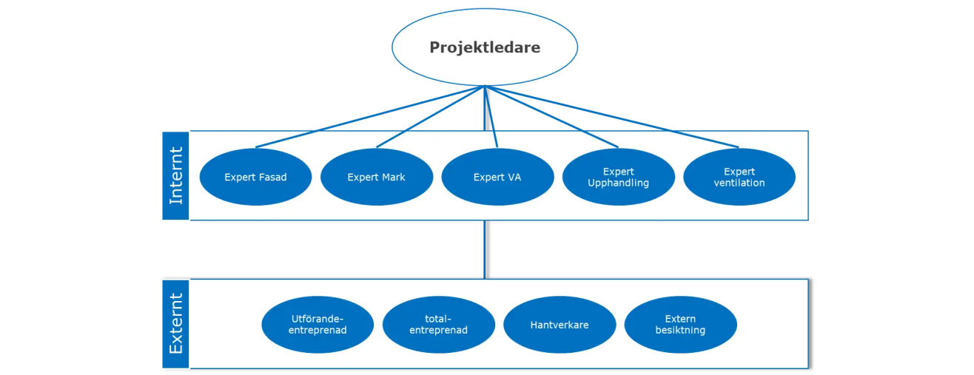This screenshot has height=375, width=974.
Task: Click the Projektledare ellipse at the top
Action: click(x=485, y=47)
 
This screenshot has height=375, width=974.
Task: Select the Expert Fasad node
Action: click(x=255, y=178)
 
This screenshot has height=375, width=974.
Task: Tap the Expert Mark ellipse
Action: click(x=376, y=178)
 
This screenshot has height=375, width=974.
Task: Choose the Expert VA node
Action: click(x=497, y=178)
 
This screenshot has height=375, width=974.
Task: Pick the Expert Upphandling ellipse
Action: click(x=618, y=178)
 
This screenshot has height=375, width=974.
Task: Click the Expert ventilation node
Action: click(x=739, y=178)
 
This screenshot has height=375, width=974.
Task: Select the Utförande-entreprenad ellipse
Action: click(x=318, y=325)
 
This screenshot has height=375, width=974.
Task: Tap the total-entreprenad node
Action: click(x=438, y=325)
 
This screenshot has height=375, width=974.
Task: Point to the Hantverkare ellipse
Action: click(x=560, y=325)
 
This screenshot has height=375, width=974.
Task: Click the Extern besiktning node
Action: click(x=680, y=325)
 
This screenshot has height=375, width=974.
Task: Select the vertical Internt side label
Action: click(x=176, y=175)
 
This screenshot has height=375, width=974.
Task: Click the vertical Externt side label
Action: click(x=176, y=324)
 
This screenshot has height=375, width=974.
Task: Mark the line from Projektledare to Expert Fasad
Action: click(x=370, y=117)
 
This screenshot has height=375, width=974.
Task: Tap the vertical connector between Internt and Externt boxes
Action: click(x=487, y=249)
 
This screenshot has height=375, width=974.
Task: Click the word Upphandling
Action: click(x=618, y=183)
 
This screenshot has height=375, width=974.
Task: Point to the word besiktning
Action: click(x=680, y=330)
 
